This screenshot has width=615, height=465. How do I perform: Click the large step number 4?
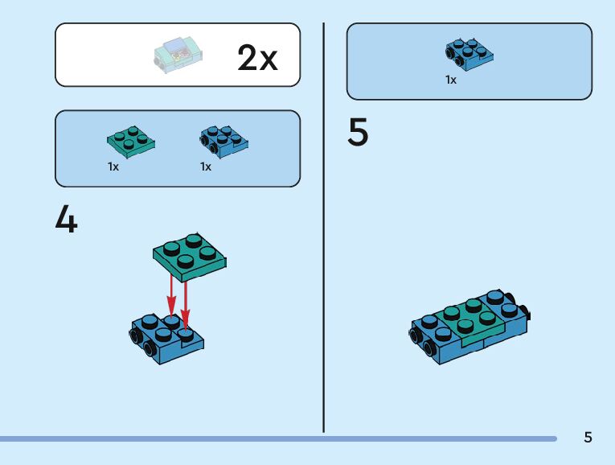pos(66,220)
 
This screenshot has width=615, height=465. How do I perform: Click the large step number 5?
pos(358,133)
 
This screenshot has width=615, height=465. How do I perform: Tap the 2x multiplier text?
pos(257,58)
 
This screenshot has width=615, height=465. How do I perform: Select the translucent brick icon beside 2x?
pos(178,56)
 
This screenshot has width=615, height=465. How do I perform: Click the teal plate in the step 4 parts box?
pos(131,141)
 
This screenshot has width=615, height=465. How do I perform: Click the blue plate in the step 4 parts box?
pos(223,141)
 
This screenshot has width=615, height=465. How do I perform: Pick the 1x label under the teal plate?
pos(113,167)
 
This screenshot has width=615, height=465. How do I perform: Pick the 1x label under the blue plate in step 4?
pos(206,167)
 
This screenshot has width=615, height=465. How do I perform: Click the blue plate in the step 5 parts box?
pos(469,54)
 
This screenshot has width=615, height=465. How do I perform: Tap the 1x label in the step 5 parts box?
pos(451,80)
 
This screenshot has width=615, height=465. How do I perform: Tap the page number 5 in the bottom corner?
pos(588,438)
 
